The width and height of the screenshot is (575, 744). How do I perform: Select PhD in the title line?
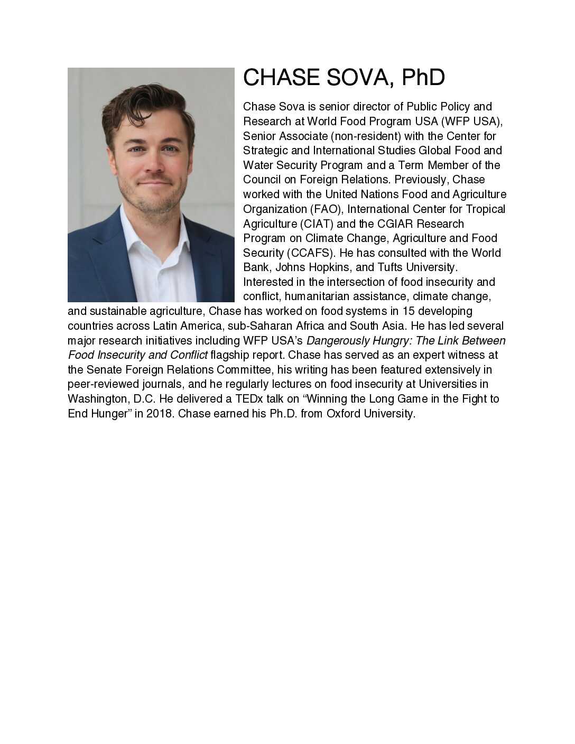(423, 78)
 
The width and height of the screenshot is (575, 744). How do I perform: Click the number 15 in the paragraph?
(409, 311)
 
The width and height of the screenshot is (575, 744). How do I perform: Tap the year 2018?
(160, 414)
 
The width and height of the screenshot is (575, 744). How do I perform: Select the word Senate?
(104, 370)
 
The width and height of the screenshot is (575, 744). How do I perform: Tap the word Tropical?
(485, 209)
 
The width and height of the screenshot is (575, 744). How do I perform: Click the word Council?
(262, 180)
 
